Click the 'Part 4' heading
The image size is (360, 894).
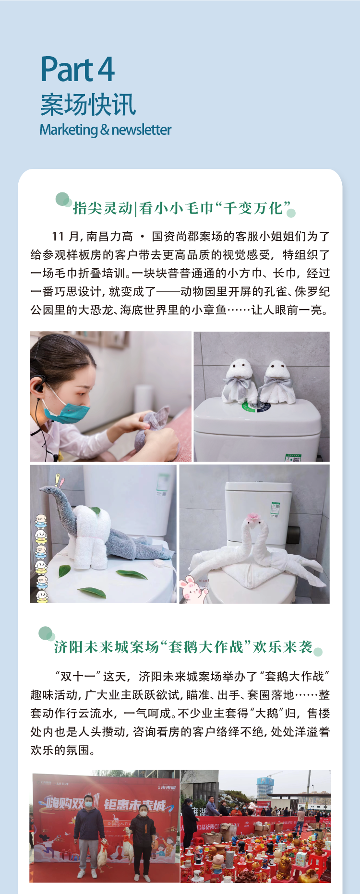[x=77, y=70]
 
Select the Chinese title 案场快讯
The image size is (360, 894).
[x=88, y=105]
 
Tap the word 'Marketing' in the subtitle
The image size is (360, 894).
[x=69, y=130]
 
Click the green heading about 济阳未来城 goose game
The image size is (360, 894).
[x=183, y=647]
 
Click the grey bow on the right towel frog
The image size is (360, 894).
[x=276, y=384]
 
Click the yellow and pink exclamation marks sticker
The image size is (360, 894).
[x=59, y=480]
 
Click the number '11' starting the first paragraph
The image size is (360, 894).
[x=58, y=236]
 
